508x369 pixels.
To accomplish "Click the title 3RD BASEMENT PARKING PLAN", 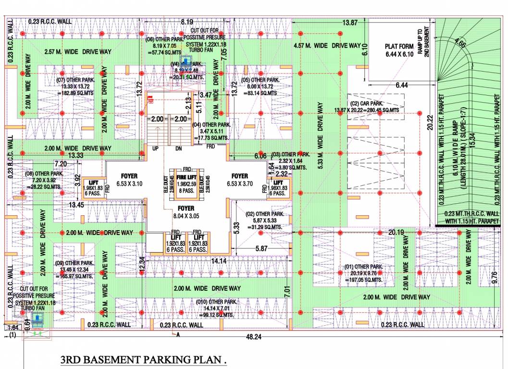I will pos(143,360).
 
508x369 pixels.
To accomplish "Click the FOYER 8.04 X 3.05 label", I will pos(186,212).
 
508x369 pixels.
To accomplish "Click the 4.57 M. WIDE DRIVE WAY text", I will pos(327,45).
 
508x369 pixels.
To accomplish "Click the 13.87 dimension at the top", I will pos(350,23).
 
